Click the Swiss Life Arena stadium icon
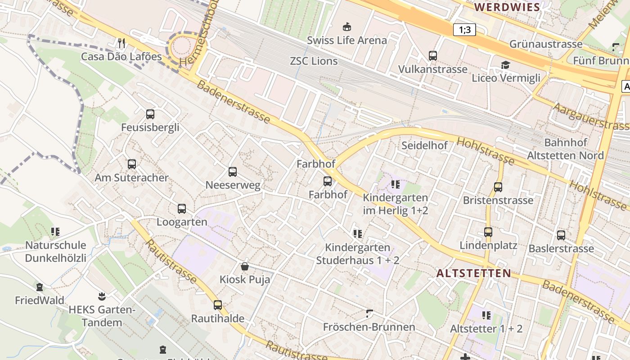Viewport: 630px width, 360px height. [347, 27]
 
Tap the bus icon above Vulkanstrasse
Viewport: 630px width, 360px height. [432, 56]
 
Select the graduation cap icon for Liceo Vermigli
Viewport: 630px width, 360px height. [505, 65]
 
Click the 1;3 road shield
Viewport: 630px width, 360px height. [464, 30]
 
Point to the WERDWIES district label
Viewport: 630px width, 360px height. [507, 7]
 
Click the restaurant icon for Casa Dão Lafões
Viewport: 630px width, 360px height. [121, 43]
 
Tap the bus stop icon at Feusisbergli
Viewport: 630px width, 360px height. [150, 114]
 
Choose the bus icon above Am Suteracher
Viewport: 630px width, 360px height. [131, 164]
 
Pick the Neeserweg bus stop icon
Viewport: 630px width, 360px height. [233, 172]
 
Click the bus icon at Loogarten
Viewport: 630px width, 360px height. [182, 209]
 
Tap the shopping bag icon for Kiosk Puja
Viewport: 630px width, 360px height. [245, 266]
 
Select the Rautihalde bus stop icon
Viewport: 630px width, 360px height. [218, 305]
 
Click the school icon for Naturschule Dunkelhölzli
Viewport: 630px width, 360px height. [55, 232]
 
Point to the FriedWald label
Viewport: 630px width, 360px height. [40, 300]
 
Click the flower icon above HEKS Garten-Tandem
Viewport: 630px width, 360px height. [102, 296]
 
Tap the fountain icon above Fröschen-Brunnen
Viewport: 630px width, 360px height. [369, 313]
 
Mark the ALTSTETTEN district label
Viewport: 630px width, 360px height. [474, 273]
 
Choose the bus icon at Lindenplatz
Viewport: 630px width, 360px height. [488, 232]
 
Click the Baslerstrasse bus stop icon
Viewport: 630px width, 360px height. [561, 235]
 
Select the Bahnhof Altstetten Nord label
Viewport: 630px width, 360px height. [565, 149]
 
